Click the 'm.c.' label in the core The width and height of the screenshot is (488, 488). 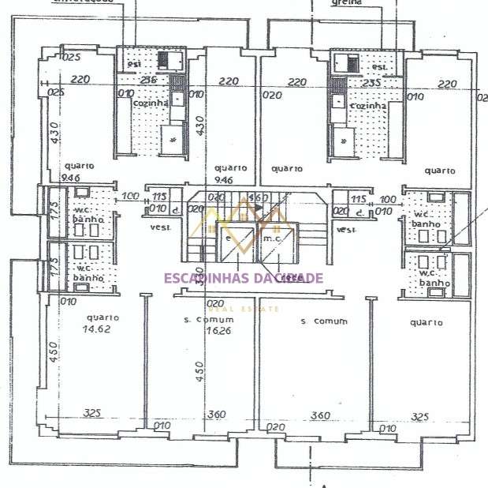click(273, 237)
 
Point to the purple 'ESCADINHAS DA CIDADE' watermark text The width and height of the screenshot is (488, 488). click(243, 277)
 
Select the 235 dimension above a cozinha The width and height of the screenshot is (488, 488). click(371, 81)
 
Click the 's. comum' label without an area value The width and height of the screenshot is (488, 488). click(325, 321)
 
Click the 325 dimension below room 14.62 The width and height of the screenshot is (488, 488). click(93, 413)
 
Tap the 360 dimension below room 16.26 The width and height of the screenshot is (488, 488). click(214, 414)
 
